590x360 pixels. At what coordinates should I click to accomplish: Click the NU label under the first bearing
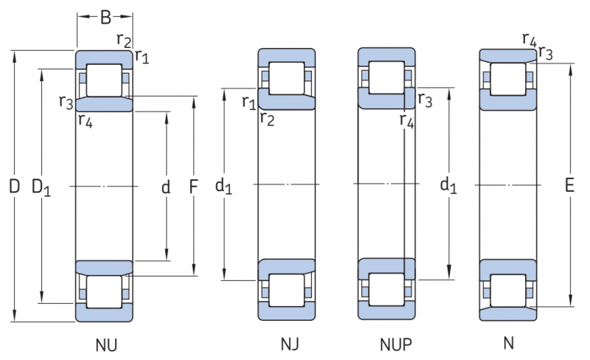[106, 345]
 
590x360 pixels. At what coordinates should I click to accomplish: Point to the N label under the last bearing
[508, 343]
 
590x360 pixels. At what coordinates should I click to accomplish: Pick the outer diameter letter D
[14, 187]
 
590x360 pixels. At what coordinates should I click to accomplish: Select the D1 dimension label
[41, 188]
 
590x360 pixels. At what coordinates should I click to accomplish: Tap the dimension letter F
[194, 187]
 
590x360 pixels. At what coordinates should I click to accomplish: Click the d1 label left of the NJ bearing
[223, 187]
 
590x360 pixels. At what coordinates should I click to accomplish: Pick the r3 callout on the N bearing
[546, 52]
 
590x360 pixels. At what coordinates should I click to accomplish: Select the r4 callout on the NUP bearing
[406, 120]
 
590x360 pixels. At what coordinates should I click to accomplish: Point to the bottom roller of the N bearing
[508, 290]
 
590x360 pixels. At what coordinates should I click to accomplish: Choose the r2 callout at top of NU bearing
[123, 40]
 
